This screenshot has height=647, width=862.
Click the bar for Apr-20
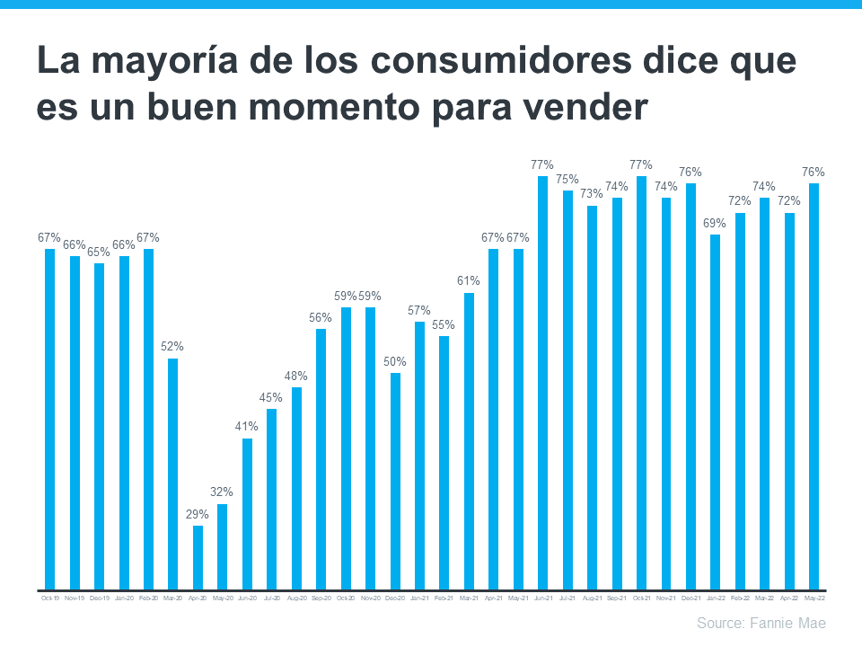click(x=198, y=558)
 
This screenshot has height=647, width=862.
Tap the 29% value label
click(x=198, y=514)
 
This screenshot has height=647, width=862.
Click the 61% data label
click(x=469, y=281)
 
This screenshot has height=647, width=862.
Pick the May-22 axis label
click(x=814, y=597)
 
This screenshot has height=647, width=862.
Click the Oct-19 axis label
click(x=50, y=597)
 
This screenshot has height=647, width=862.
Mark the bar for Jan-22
click(x=716, y=412)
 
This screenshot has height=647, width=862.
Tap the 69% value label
click(x=716, y=223)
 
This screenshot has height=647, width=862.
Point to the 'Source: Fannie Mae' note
click(x=761, y=623)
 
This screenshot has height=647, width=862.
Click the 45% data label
click(x=271, y=397)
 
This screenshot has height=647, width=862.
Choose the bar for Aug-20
click(x=296, y=489)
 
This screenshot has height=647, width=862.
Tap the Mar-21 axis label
click(x=469, y=597)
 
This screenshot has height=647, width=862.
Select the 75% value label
click(x=567, y=179)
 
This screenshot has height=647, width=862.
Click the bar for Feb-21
click(x=444, y=464)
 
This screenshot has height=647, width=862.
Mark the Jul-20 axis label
click(x=271, y=597)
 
